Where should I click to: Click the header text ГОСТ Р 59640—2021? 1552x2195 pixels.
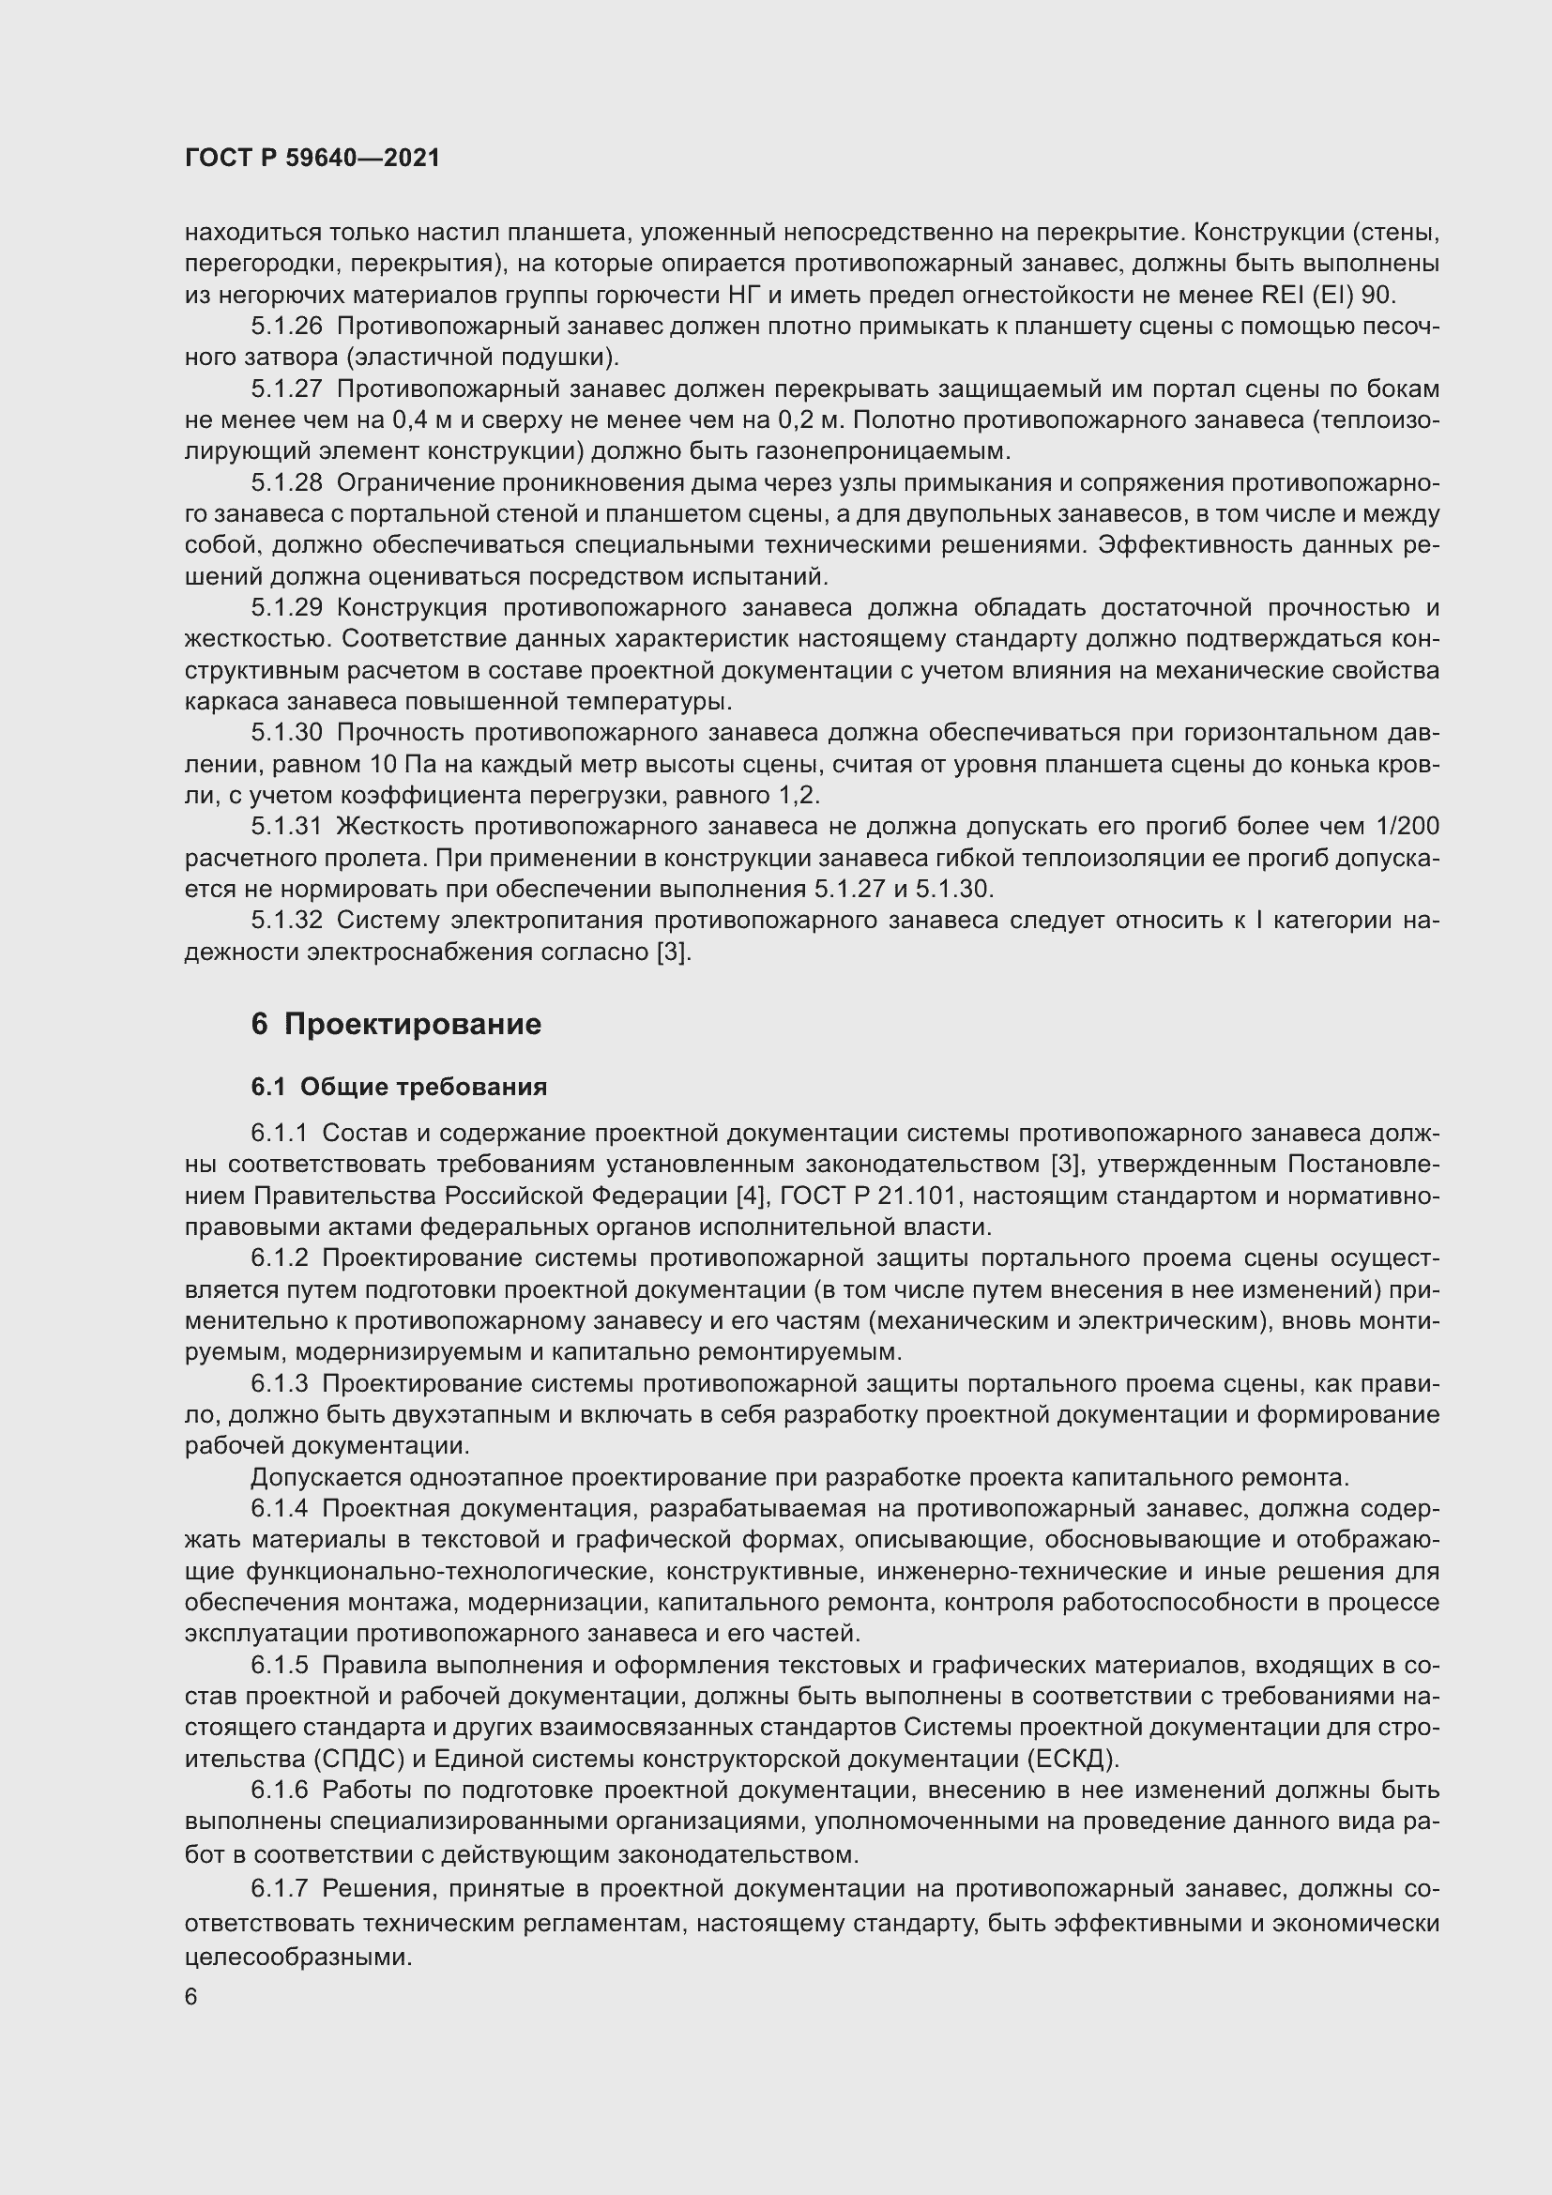coord(312,159)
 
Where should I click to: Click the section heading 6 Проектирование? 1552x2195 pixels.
coord(396,1024)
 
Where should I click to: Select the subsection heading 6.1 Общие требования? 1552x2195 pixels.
coord(399,1087)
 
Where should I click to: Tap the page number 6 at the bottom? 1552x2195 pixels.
coord(191,1997)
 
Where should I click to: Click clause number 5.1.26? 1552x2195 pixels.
coord(287,327)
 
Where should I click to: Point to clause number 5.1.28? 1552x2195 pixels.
coord(287,482)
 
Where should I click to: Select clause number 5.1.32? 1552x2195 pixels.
coord(287,921)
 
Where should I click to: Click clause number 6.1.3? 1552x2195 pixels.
coord(280,1383)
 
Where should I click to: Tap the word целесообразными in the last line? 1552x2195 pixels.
coord(298,1956)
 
